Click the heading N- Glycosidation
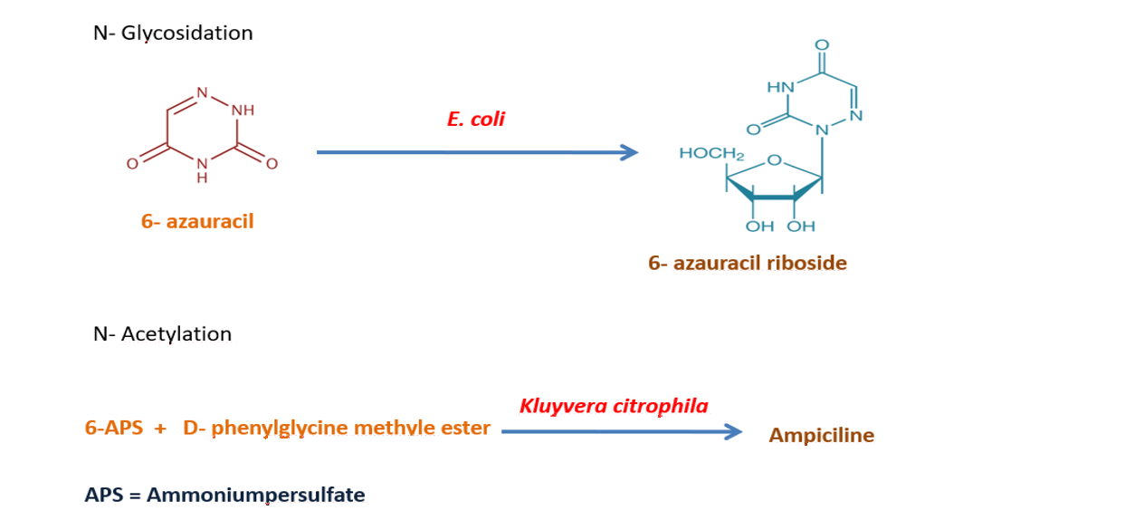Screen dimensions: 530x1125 pyautogui.click(x=173, y=34)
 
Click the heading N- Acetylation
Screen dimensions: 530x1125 pyautogui.click(x=162, y=334)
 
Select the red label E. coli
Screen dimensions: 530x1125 pyautogui.click(x=476, y=120)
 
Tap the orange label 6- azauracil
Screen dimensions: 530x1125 pyautogui.click(x=197, y=221)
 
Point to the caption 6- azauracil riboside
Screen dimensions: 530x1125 pyautogui.click(x=747, y=264)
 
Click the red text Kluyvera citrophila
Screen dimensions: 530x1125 pyautogui.click(x=614, y=406)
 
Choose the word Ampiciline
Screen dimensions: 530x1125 pyautogui.click(x=821, y=436)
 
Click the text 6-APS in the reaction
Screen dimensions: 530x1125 pyautogui.click(x=114, y=429)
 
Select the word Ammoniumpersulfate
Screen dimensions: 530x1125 pyautogui.click(x=256, y=496)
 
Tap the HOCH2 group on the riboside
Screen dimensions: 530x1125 pyautogui.click(x=711, y=155)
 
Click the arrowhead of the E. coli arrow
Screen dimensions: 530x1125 pyautogui.click(x=630, y=152)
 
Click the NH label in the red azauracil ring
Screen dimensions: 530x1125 pyautogui.click(x=243, y=111)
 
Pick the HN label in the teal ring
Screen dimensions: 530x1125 pyautogui.click(x=780, y=88)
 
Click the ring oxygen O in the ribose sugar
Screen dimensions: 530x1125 pyautogui.click(x=774, y=161)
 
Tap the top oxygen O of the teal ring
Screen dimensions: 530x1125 pyautogui.click(x=822, y=45)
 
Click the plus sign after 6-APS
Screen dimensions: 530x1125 pyautogui.click(x=160, y=429)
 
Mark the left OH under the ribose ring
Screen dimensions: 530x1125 pyautogui.click(x=759, y=226)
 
